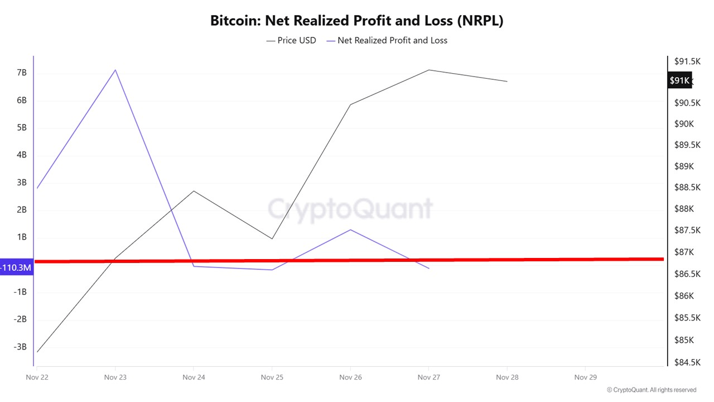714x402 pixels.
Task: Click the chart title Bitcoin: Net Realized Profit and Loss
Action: click(x=357, y=21)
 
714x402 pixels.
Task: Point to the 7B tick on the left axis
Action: click(x=22, y=73)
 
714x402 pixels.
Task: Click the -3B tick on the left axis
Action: click(x=20, y=347)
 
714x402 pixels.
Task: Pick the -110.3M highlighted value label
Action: click(x=16, y=268)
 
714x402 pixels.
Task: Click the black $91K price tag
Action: click(x=679, y=80)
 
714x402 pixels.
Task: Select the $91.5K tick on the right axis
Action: click(x=687, y=61)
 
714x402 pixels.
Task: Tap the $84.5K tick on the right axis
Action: click(x=687, y=362)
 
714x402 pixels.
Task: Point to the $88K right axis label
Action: click(x=685, y=209)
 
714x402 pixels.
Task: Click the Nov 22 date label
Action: click(x=37, y=377)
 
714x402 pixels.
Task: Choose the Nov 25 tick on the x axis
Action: click(x=272, y=377)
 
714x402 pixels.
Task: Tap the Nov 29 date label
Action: click(x=585, y=377)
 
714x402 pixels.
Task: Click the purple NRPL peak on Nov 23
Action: click(x=115, y=70)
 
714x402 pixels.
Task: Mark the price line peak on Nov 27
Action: click(x=428, y=70)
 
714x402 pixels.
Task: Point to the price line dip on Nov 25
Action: click(x=272, y=239)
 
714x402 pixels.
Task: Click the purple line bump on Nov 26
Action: click(x=350, y=229)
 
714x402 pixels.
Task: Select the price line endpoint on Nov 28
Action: click(x=507, y=82)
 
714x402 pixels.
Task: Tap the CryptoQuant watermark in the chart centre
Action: click(x=350, y=209)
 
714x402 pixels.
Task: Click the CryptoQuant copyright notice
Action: click(x=651, y=390)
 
